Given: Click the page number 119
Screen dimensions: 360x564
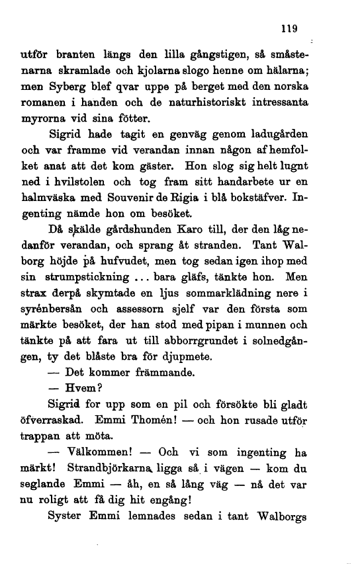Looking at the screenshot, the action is pos(289,28).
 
